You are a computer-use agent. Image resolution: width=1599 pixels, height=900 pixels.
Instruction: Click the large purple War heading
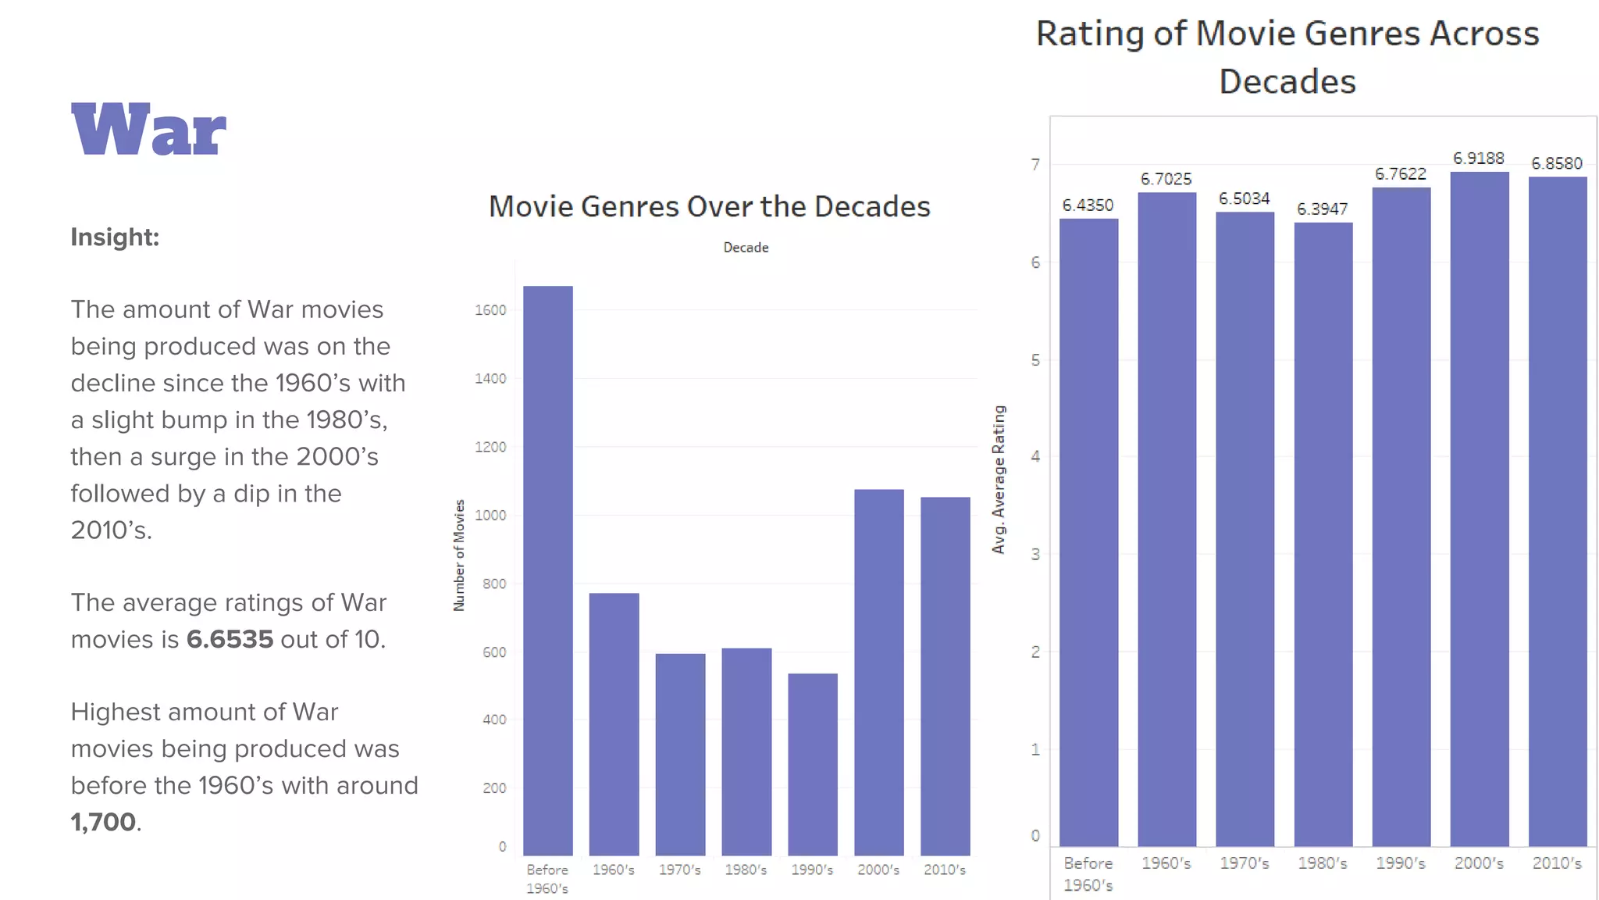(x=148, y=130)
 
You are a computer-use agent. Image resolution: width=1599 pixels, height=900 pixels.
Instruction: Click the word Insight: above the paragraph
(x=115, y=237)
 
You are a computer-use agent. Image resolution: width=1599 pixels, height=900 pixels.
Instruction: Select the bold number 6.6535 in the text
(x=230, y=639)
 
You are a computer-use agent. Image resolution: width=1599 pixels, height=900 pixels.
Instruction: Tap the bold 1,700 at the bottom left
(x=103, y=822)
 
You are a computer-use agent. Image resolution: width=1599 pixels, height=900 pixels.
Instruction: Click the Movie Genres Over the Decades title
(x=709, y=206)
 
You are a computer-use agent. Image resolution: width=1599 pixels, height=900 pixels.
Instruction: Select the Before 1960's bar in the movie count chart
(x=547, y=570)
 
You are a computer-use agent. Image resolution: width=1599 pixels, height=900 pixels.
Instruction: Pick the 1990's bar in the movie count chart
(x=812, y=764)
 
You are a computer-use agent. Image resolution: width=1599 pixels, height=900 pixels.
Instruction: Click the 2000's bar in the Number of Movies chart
(x=878, y=672)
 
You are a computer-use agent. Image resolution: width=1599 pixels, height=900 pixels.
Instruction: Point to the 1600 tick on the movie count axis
(x=490, y=310)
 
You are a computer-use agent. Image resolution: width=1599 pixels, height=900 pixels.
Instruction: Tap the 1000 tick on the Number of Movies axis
(x=490, y=516)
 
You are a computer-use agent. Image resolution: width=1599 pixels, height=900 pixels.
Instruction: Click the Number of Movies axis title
(x=459, y=555)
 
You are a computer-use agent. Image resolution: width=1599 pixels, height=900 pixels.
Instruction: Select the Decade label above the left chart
(x=746, y=248)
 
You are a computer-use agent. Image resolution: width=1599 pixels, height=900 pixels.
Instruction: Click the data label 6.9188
(x=1478, y=159)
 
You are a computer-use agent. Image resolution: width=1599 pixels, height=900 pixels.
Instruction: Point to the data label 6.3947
(x=1322, y=209)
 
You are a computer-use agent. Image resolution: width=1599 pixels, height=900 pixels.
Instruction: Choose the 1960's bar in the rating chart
(x=1166, y=520)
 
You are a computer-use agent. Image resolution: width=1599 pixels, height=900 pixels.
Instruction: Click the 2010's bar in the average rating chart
(x=1557, y=512)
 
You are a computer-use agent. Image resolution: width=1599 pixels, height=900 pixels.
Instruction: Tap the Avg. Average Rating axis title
(x=999, y=480)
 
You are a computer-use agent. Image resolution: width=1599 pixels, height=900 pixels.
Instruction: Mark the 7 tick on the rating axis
(x=1035, y=165)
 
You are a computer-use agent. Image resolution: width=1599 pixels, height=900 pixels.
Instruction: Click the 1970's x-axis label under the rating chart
(x=1244, y=863)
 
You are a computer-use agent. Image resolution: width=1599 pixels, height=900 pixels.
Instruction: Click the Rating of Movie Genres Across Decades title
(x=1287, y=57)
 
